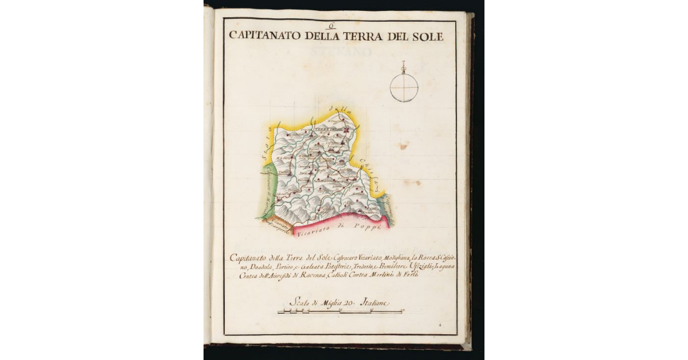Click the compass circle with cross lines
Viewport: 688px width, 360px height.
point(404,88)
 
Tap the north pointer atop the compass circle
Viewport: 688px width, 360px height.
point(404,66)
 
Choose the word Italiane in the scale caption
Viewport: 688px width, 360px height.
point(374,302)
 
